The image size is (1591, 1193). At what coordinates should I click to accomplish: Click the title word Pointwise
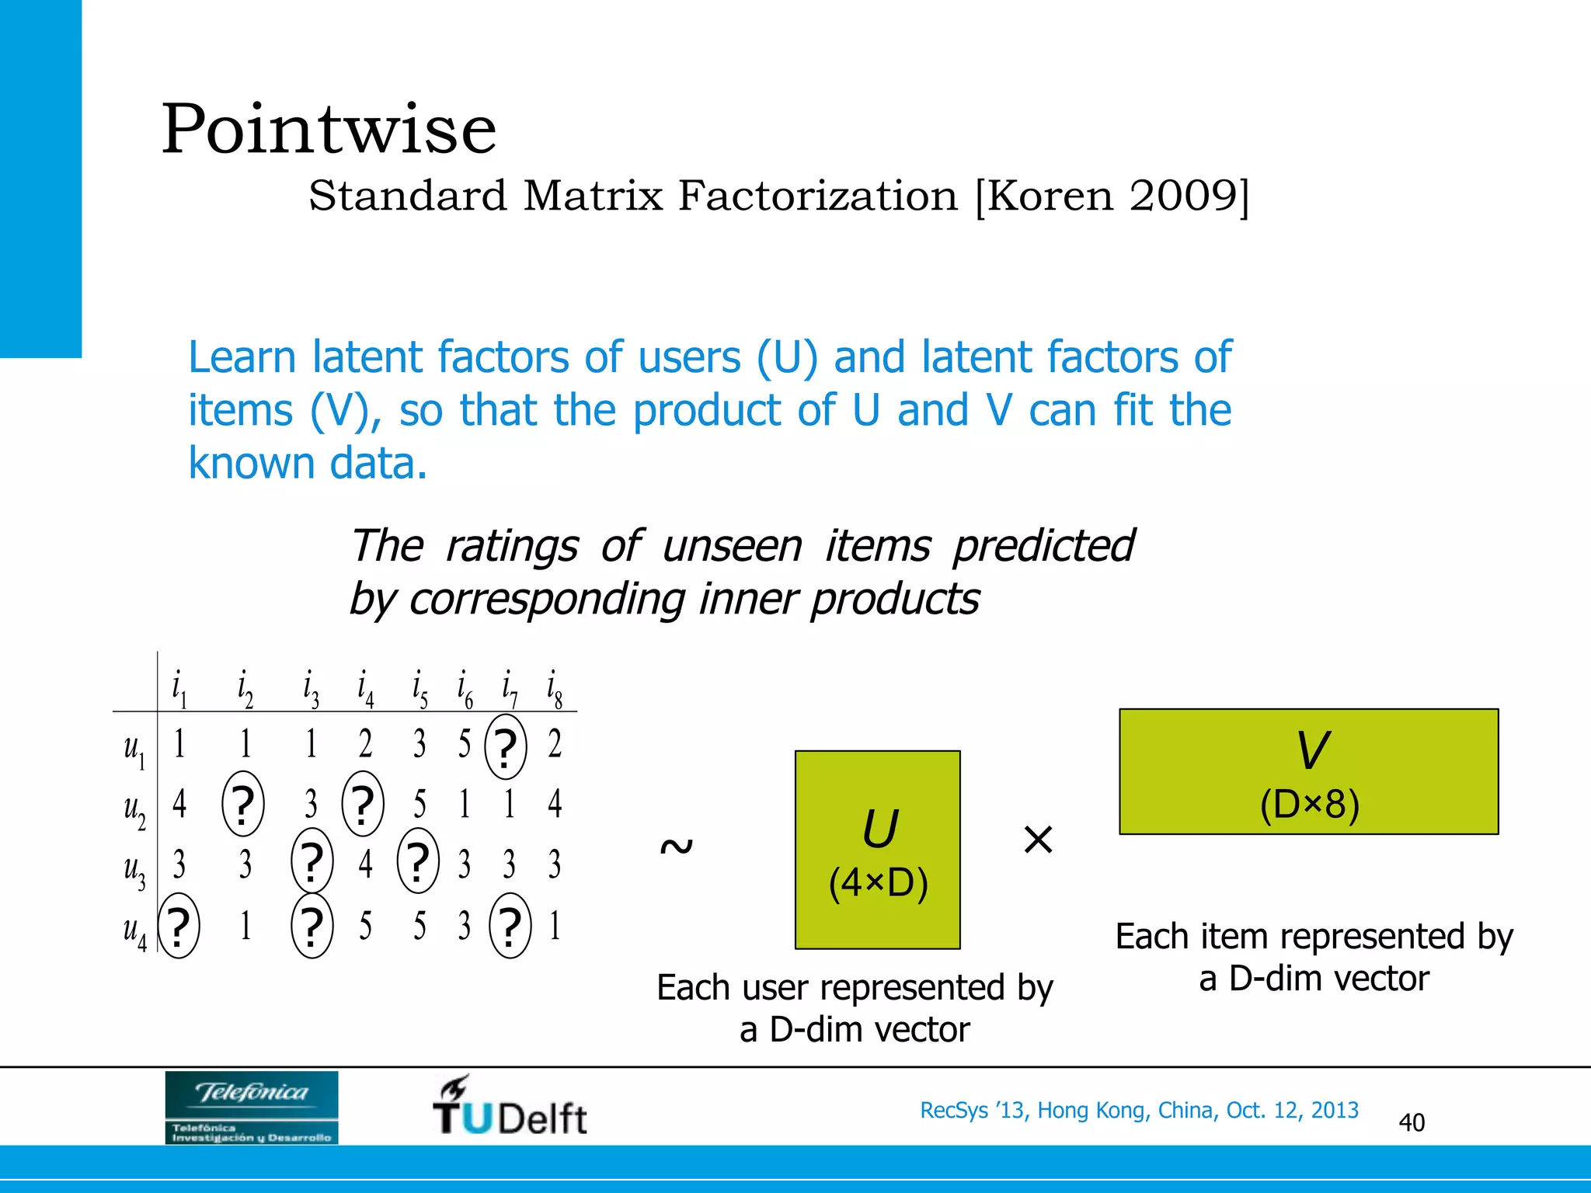coord(328,130)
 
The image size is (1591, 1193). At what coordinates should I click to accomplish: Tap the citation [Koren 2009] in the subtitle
coord(1112,196)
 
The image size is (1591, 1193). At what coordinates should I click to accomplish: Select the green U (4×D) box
coord(877,850)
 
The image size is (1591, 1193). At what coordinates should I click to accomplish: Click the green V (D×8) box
coord(1308,771)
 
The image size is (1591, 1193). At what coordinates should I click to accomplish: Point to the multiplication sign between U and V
coord(1038,840)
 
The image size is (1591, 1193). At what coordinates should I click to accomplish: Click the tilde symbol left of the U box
coord(675,846)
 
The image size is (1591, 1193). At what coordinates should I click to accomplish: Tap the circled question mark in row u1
coord(506,747)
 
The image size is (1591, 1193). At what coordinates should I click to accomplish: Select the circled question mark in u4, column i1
coord(179,926)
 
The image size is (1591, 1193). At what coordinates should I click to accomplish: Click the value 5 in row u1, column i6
coord(464,744)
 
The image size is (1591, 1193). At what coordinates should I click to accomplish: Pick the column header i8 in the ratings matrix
coord(554,689)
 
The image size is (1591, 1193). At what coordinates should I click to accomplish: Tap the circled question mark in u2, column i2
coord(243,804)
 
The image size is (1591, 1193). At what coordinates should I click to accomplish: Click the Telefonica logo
coord(252,1108)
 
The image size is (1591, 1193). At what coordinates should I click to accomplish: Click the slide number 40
coord(1411,1122)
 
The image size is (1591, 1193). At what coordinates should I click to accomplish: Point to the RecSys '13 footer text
coord(1139,1110)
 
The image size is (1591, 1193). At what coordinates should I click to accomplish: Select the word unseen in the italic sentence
coord(731,546)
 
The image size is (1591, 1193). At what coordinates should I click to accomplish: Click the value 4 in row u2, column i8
coord(554,803)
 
